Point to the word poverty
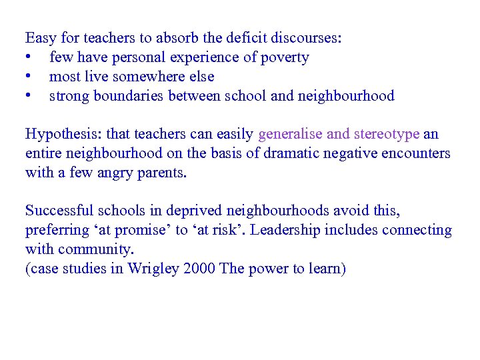pos(285,57)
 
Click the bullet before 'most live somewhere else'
pos(29,77)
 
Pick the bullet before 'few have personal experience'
pos(29,57)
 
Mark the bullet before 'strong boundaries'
pos(29,96)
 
